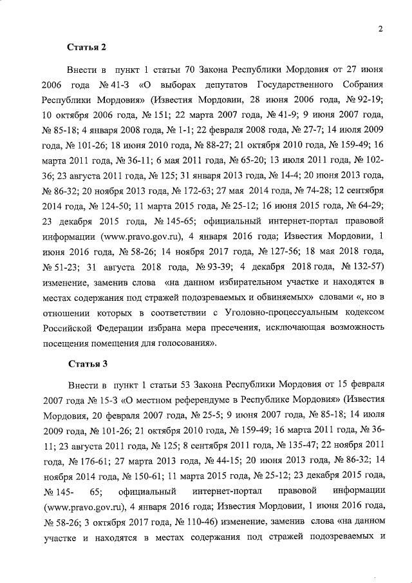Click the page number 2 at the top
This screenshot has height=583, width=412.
coord(381,28)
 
